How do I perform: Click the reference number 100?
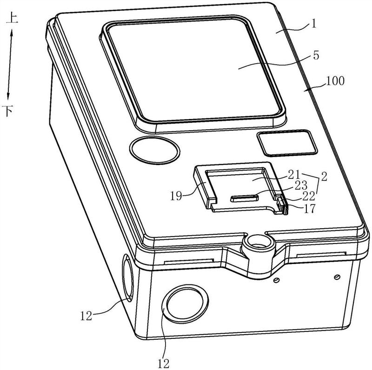tap(335, 81)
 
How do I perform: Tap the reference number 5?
tap(316, 55)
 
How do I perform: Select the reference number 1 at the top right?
tap(314, 24)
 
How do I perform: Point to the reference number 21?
tap(294, 175)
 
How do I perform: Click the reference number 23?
tap(300, 185)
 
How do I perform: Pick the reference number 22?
tap(308, 196)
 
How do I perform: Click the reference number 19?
tap(176, 196)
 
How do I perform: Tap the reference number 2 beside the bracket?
tap(324, 177)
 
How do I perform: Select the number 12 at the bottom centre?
tap(164, 363)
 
